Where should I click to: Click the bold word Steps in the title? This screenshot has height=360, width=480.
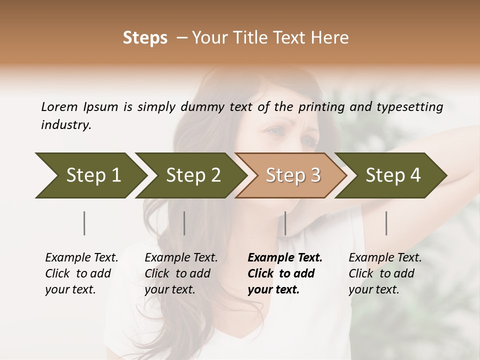pyautogui.click(x=145, y=38)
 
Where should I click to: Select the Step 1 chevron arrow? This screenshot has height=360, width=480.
pyautogui.click(x=90, y=175)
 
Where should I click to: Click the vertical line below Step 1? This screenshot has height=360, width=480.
pyautogui.click(x=84, y=223)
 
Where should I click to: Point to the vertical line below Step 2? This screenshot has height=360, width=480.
pyautogui.click(x=184, y=223)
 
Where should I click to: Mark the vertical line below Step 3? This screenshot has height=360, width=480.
pyautogui.click(x=285, y=223)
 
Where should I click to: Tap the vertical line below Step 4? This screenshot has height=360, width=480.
pyautogui.click(x=386, y=223)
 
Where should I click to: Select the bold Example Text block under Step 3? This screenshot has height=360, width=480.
pyautogui.click(x=285, y=273)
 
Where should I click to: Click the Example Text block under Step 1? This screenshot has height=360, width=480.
pyautogui.click(x=81, y=273)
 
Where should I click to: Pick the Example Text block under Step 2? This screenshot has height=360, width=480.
pyautogui.click(x=181, y=273)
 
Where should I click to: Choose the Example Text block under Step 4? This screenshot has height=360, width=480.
pyautogui.click(x=385, y=273)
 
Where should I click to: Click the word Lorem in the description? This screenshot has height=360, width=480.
pyautogui.click(x=59, y=107)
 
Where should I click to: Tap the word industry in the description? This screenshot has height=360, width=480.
pyautogui.click(x=65, y=125)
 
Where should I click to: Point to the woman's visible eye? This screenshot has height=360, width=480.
pyautogui.click(x=276, y=131)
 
